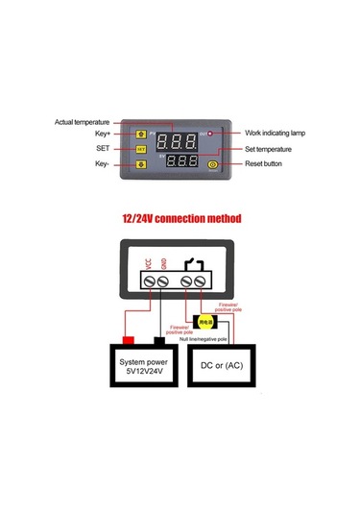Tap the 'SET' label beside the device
click(103, 149)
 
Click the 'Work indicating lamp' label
click(276, 133)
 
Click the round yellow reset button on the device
click(213, 164)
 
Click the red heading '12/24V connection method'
click(180, 218)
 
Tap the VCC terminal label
click(148, 263)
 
